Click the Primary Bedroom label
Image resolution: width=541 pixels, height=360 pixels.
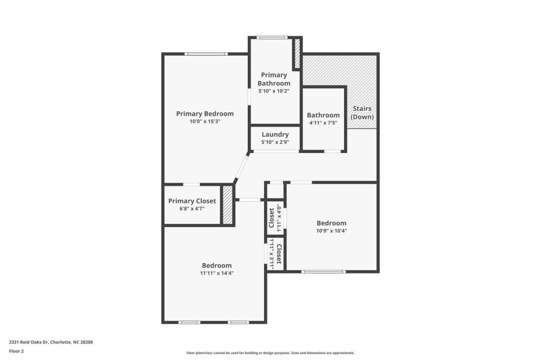tap(205, 114)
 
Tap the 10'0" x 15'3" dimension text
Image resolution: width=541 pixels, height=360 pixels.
tap(205, 122)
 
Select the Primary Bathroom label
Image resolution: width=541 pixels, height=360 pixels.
tap(274, 79)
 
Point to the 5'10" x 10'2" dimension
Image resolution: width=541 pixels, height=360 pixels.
tap(274, 91)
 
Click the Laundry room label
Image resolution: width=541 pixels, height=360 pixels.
tap(275, 135)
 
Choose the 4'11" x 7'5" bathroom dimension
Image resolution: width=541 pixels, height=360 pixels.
tap(324, 123)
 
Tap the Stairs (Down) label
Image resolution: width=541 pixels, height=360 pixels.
tap(362, 113)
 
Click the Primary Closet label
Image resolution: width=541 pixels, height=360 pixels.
tap(192, 201)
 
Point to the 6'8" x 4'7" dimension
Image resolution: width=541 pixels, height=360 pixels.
tap(192, 209)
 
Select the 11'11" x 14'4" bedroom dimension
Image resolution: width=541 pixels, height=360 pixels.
tap(217, 273)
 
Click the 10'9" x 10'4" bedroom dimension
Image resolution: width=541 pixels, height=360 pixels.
tap(332, 231)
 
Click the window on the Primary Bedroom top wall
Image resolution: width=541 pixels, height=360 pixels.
tap(206, 54)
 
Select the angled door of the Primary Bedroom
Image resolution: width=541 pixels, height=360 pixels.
tap(241, 167)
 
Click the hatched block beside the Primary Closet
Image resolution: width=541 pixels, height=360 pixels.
tap(227, 205)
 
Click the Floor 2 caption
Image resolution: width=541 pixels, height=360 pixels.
tap(16, 351)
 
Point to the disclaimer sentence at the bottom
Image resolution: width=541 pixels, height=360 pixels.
tap(270, 353)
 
